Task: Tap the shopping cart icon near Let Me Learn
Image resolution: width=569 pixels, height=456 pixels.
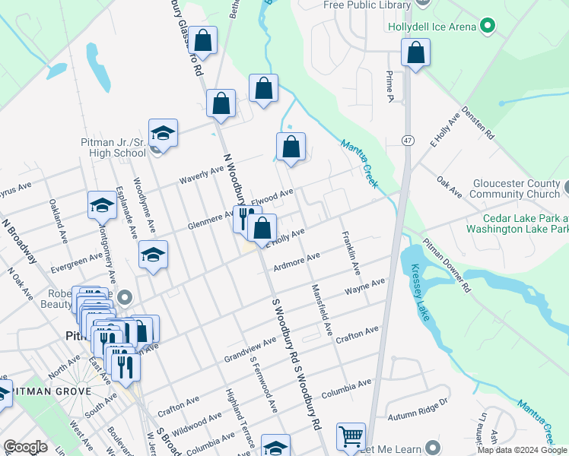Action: (x=351, y=437)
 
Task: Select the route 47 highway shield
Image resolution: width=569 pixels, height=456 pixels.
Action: (x=408, y=141)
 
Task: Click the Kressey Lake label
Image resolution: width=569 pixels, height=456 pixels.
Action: (x=422, y=293)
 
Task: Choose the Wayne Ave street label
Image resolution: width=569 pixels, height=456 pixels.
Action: (x=364, y=288)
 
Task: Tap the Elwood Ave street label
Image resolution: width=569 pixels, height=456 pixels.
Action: (x=272, y=198)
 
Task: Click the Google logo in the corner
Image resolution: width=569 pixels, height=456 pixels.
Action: (x=25, y=447)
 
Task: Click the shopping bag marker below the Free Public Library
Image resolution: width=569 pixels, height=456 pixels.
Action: (x=416, y=53)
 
